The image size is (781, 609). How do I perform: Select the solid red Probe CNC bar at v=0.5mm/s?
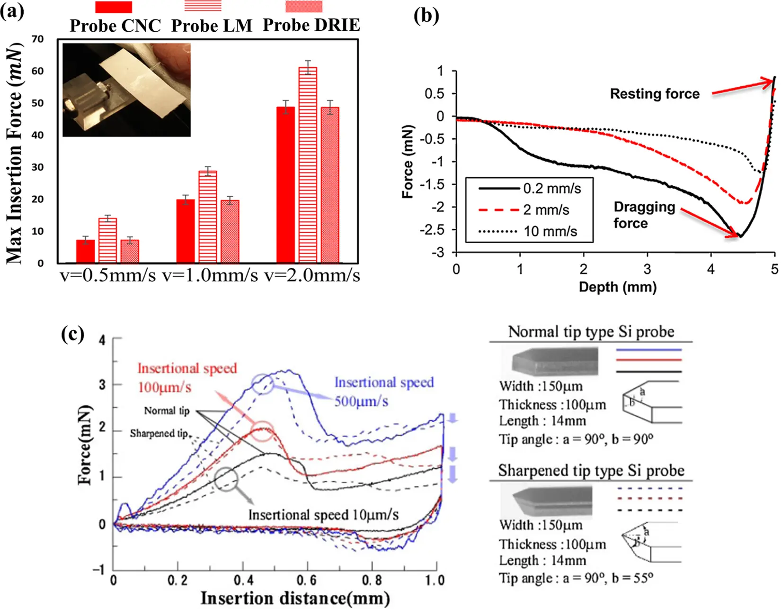[x=85, y=251]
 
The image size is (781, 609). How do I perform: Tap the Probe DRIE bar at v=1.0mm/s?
[x=230, y=231]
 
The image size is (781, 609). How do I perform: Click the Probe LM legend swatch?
[x=203, y=6]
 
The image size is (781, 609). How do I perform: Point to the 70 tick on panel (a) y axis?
[x=38, y=39]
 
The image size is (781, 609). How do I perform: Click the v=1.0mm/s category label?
[x=210, y=275]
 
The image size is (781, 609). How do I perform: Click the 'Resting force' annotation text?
[x=654, y=94]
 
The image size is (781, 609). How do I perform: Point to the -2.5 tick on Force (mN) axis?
[x=433, y=230]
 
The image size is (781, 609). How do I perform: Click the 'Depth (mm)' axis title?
[x=617, y=287]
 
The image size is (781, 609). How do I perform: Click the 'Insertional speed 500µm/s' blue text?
[x=383, y=391]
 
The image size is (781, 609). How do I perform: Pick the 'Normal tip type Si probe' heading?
[x=591, y=331]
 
